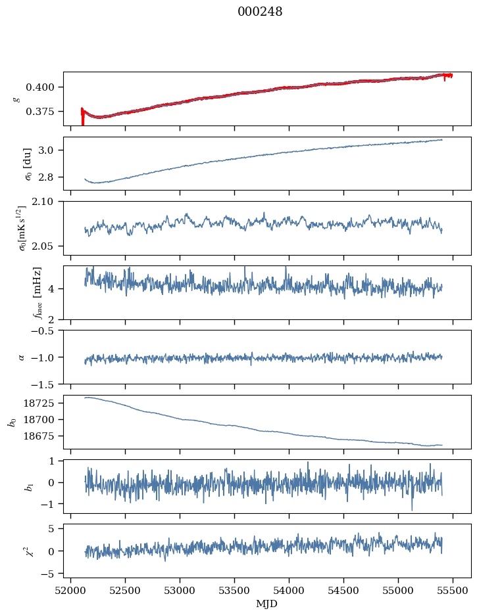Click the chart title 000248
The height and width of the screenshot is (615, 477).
260,12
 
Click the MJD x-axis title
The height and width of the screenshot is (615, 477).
267,604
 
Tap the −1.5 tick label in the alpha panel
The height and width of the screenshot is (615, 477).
45,384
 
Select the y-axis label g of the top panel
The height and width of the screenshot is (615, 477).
16,99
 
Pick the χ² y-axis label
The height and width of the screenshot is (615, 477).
18,550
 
